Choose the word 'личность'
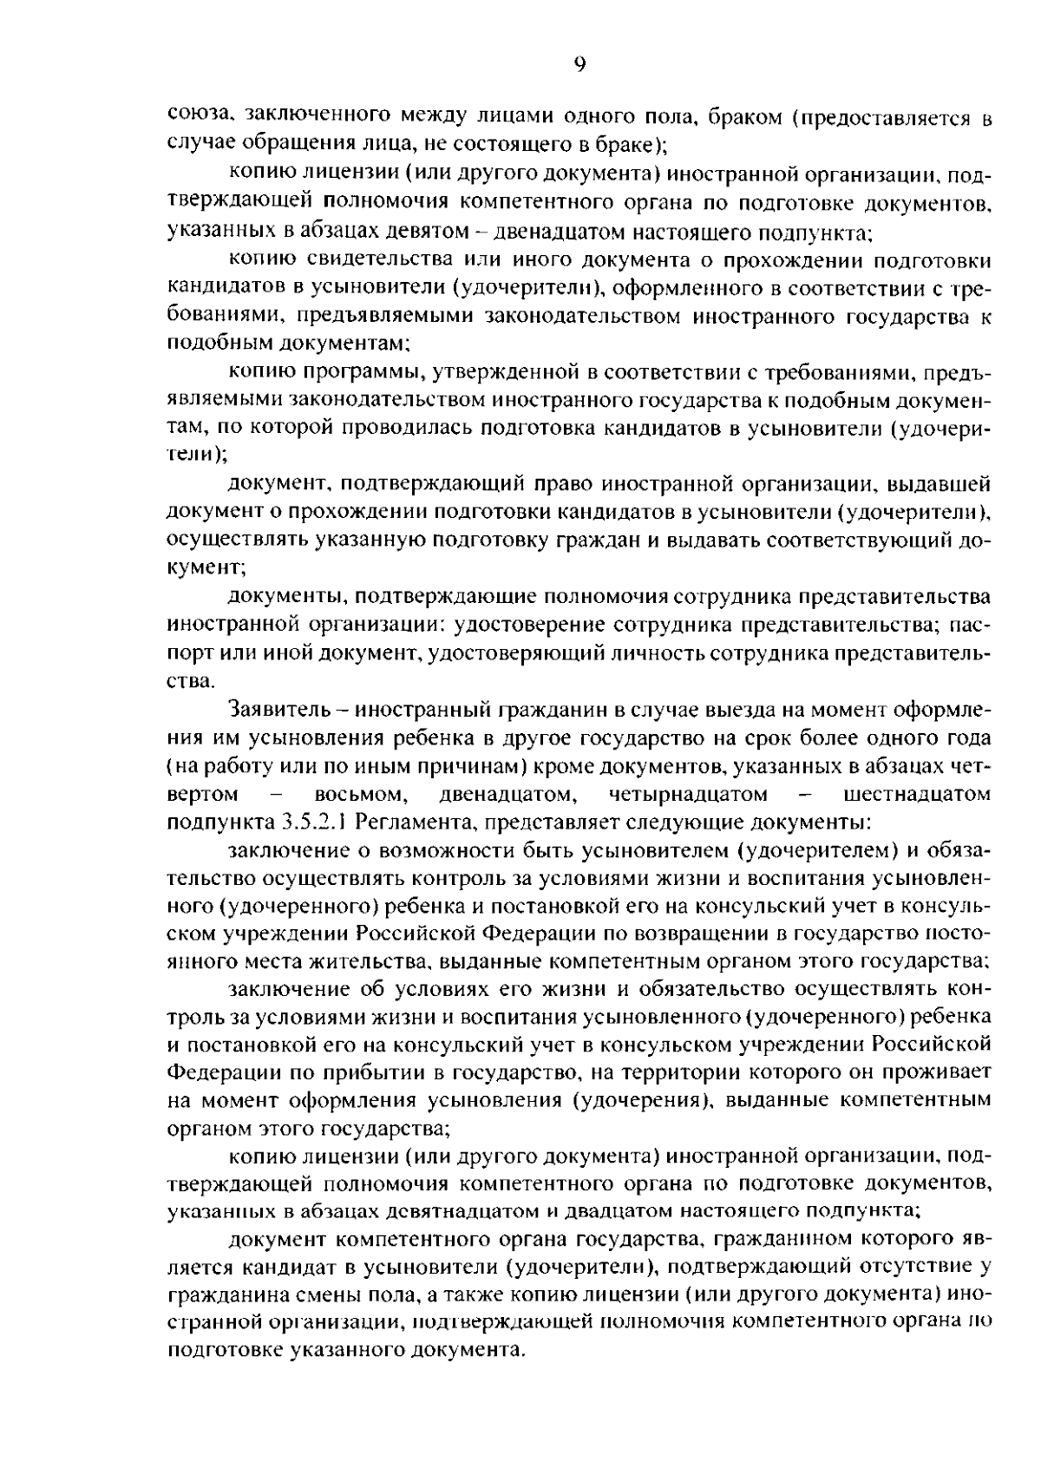[x=662, y=653]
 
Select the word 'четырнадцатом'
[x=688, y=794]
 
